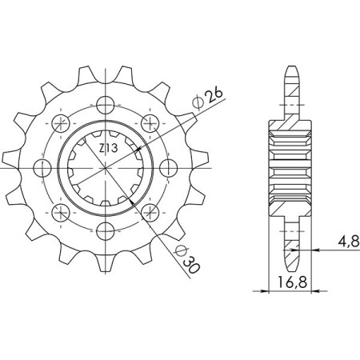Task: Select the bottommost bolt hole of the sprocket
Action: pyautogui.click(x=104, y=232)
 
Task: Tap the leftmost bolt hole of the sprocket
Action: pyautogui.click(x=40, y=168)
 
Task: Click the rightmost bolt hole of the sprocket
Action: pyautogui.click(x=168, y=168)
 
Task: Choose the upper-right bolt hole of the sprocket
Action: pyautogui.click(x=149, y=122)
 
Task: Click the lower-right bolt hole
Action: pyautogui.click(x=149, y=213)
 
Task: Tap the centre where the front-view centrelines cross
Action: pyautogui.click(x=104, y=168)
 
